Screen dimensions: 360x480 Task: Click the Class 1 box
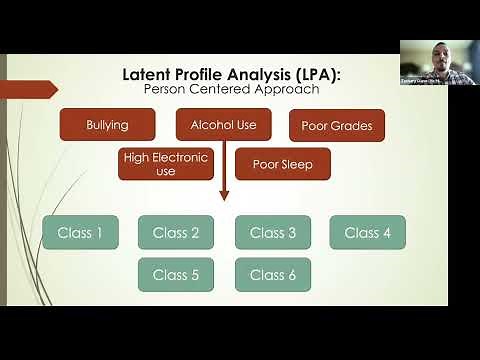click(80, 233)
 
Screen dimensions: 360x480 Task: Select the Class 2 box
click(176, 233)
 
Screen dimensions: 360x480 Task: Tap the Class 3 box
click(273, 233)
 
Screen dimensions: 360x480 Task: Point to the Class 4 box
click(367, 233)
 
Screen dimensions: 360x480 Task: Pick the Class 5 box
click(176, 274)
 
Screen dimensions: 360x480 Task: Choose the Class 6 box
click(273, 274)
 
